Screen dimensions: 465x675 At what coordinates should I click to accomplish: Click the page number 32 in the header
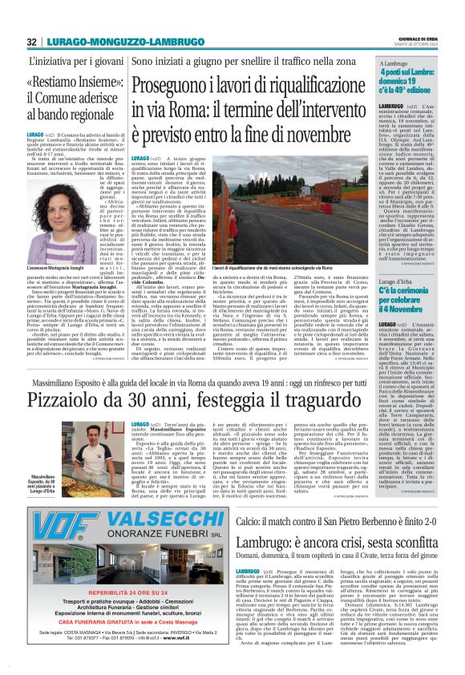tap(31, 42)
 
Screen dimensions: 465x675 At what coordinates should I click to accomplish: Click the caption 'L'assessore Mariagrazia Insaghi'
tap(57, 265)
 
